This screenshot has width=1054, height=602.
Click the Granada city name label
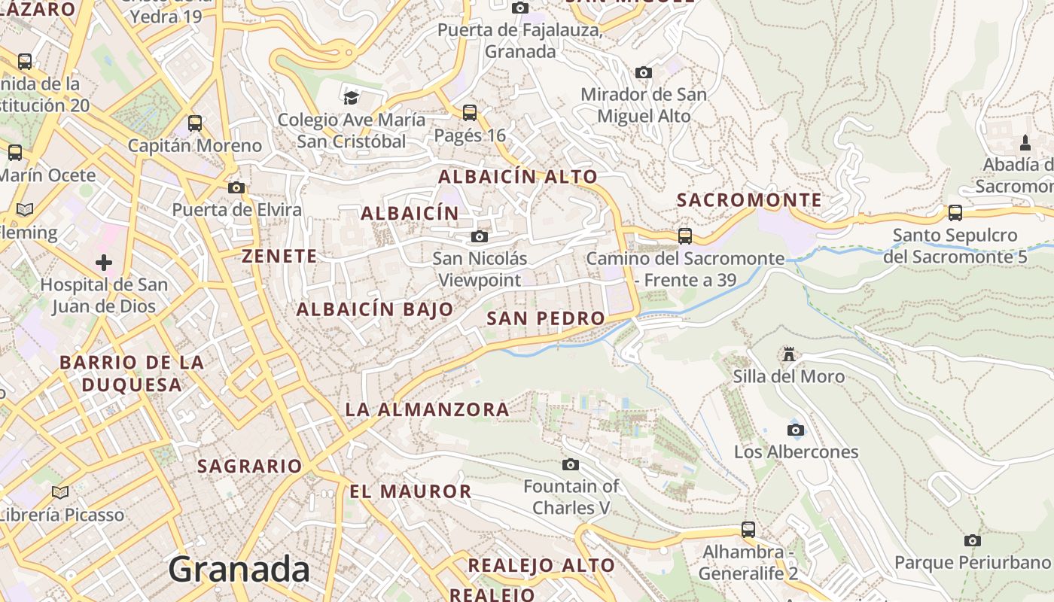pyautogui.click(x=239, y=570)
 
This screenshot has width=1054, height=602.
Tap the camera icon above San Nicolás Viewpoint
pyautogui.click(x=480, y=237)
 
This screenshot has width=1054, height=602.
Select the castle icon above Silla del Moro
pyautogui.click(x=789, y=354)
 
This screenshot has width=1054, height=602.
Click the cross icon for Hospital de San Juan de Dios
pyautogui.click(x=104, y=263)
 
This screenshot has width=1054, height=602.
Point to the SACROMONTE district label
pyautogui.click(x=749, y=200)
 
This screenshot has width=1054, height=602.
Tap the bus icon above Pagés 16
pyautogui.click(x=470, y=113)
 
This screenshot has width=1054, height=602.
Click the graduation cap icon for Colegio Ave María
pyautogui.click(x=351, y=97)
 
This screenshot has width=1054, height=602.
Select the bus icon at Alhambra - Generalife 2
pyautogui.click(x=748, y=530)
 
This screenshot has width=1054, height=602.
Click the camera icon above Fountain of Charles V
pyautogui.click(x=571, y=464)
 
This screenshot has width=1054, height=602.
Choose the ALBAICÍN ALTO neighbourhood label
pyautogui.click(x=518, y=177)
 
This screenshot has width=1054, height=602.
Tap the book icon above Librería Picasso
pyautogui.click(x=60, y=493)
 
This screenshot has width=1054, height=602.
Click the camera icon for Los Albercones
pyautogui.click(x=796, y=430)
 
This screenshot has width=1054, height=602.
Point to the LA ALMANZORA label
pyautogui.click(x=427, y=410)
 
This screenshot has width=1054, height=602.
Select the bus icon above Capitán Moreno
pyautogui.click(x=195, y=123)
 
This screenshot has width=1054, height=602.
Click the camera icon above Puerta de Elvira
pyautogui.click(x=236, y=187)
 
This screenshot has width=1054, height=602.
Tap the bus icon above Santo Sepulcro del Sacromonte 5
pyautogui.click(x=955, y=213)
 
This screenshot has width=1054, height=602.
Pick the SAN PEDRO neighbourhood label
pyautogui.click(x=546, y=318)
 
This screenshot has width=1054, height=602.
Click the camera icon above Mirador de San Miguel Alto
pyautogui.click(x=644, y=73)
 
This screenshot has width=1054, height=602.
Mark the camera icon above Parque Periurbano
pyautogui.click(x=973, y=540)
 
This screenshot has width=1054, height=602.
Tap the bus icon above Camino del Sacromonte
pyautogui.click(x=685, y=236)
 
